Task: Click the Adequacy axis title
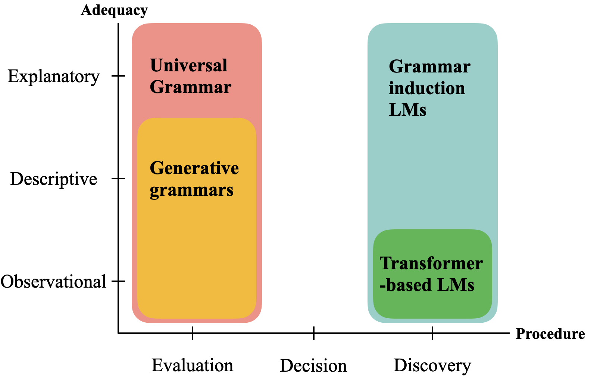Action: click(114, 10)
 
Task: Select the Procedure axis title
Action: click(550, 334)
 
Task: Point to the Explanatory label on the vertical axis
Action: click(54, 77)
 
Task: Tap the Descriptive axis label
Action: click(54, 179)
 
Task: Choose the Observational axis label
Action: click(53, 282)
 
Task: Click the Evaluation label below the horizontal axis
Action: click(192, 365)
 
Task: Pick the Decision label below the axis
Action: click(313, 366)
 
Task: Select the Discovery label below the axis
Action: click(432, 366)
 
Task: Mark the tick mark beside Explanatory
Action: click(118, 76)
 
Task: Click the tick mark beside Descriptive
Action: click(118, 179)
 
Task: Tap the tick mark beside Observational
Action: click(118, 281)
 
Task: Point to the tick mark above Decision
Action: click(314, 333)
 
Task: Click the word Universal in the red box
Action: click(188, 66)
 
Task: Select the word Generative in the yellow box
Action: click(194, 168)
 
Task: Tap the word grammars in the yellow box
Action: click(191, 190)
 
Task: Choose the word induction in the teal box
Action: click(427, 89)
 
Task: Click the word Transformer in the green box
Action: click(431, 263)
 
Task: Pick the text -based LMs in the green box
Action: click(427, 285)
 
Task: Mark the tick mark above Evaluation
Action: click(193, 333)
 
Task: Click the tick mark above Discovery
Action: click(432, 333)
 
